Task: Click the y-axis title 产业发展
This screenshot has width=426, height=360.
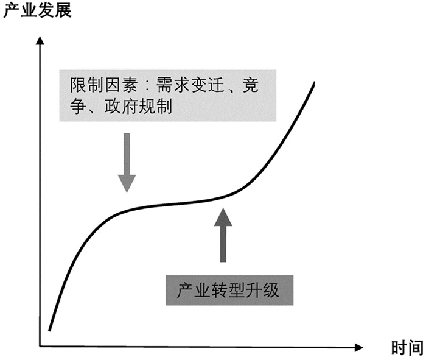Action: (38, 10)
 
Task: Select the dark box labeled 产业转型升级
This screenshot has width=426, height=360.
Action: (230, 291)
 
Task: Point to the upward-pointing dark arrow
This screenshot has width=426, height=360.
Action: (224, 234)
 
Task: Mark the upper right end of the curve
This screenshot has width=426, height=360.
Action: (314, 83)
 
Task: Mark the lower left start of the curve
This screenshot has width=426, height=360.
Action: (49, 331)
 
